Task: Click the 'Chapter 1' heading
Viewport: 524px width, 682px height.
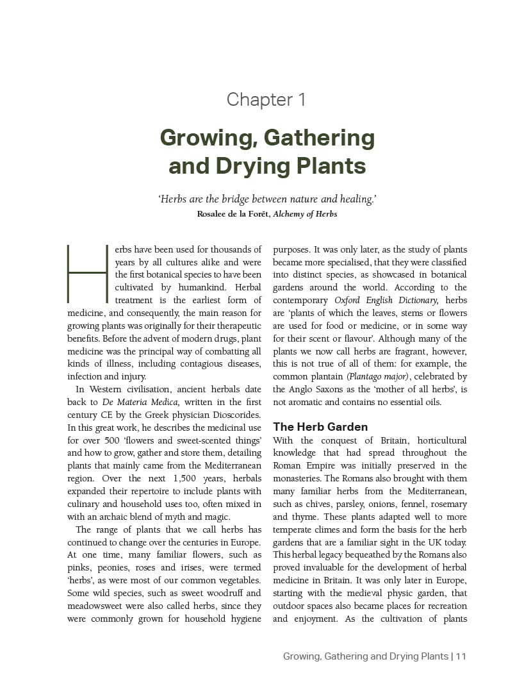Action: point(266,99)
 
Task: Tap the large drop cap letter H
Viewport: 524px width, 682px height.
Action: point(87,273)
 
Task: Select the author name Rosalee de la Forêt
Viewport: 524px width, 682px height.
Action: point(234,214)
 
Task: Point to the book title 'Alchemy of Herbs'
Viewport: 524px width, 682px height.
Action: point(305,214)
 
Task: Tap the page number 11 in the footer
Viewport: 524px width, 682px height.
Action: point(461,656)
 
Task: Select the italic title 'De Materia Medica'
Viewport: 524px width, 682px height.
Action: point(132,402)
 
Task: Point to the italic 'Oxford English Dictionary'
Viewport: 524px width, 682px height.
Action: point(386,300)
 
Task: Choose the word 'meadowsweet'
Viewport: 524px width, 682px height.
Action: point(94,606)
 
